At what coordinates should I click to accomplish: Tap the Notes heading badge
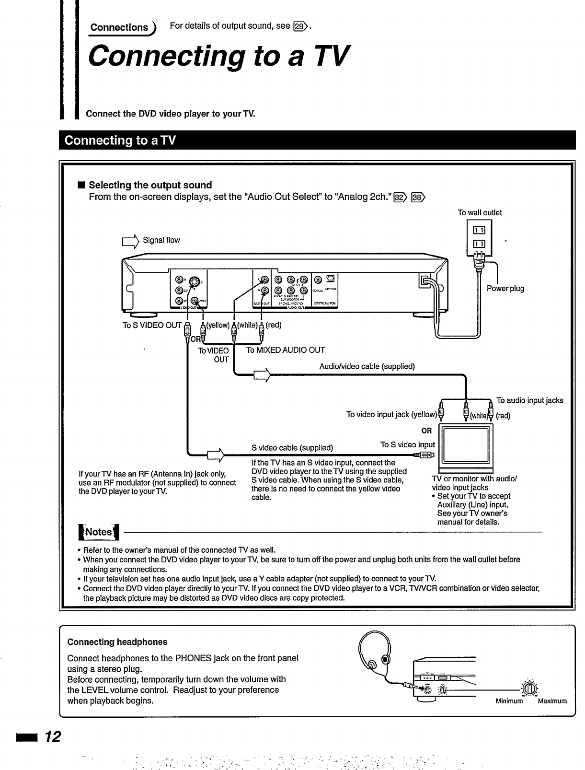(x=98, y=532)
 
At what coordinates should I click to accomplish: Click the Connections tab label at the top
(x=120, y=27)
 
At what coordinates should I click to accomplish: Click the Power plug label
(x=505, y=289)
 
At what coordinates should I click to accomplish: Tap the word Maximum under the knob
(x=552, y=701)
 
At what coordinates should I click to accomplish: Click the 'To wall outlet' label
(x=480, y=213)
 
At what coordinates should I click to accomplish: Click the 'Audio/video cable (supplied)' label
(x=367, y=367)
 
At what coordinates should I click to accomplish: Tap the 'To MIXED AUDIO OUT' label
(x=286, y=350)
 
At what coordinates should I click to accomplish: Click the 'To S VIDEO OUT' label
(x=152, y=326)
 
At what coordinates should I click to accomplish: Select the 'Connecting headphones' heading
(x=117, y=642)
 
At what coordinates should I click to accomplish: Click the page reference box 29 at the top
(x=300, y=26)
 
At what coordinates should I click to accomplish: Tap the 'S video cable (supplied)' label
(x=292, y=448)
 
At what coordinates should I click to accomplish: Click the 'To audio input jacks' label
(x=529, y=400)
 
